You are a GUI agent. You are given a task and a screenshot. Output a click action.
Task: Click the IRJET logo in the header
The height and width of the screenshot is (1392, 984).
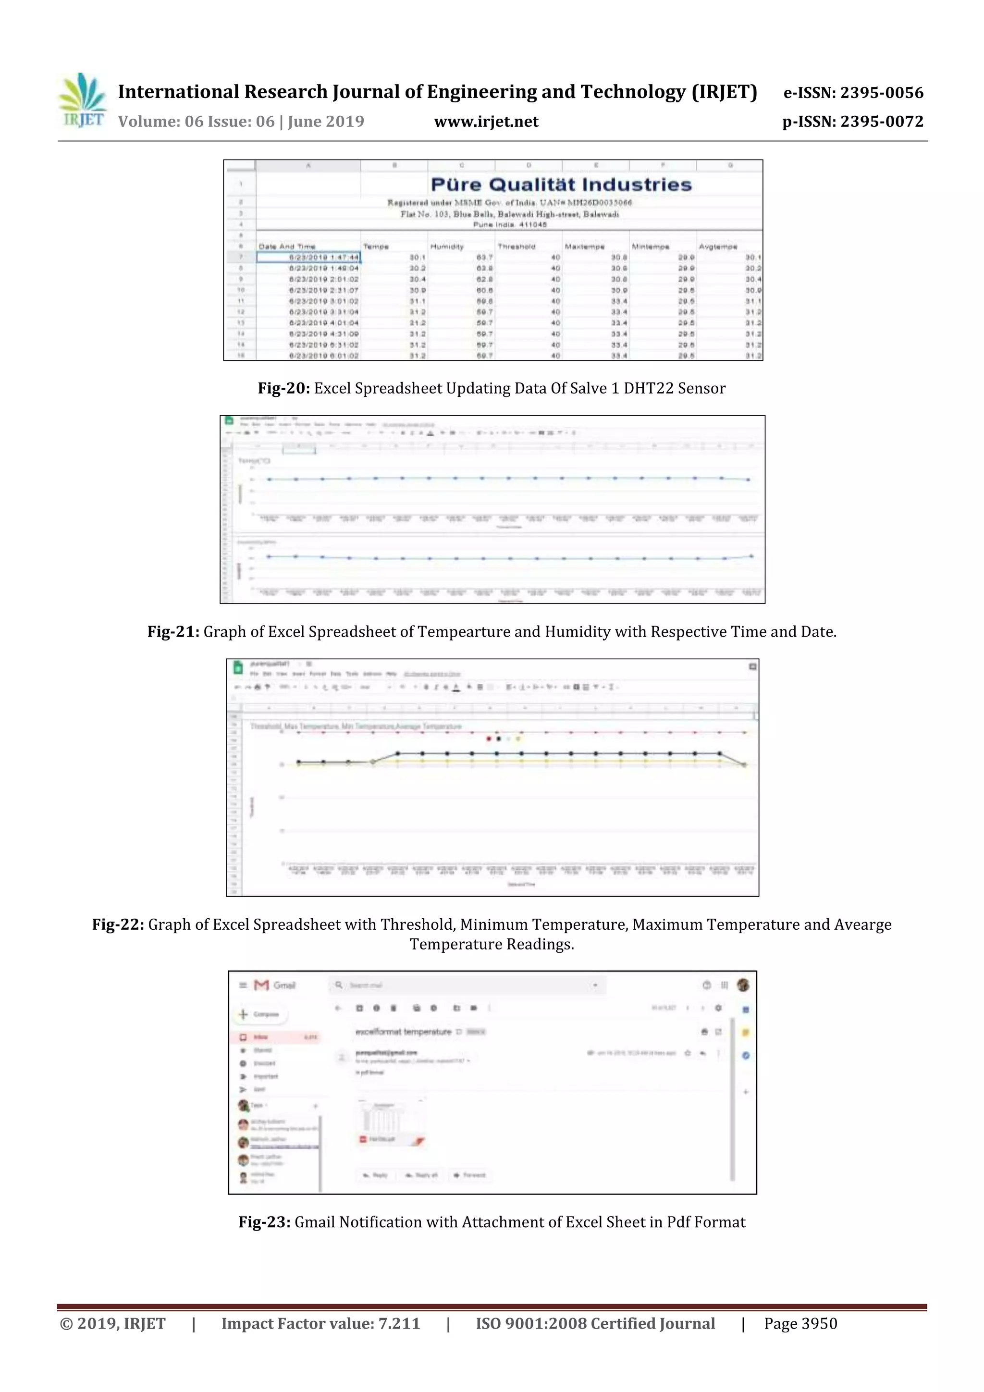click(81, 100)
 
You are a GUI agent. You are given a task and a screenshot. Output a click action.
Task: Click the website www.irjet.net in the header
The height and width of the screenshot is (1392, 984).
click(486, 122)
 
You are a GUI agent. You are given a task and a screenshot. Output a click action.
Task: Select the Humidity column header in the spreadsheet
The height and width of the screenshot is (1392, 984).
click(447, 247)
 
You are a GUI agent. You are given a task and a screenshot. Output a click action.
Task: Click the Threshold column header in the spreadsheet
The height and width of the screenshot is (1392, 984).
click(516, 247)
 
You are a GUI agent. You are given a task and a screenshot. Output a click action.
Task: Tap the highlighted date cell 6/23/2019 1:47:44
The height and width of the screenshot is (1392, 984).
click(308, 258)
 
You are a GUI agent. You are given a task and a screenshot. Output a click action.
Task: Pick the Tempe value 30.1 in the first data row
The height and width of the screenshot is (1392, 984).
click(417, 258)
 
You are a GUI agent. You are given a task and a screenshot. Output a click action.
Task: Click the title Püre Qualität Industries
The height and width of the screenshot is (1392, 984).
click(561, 185)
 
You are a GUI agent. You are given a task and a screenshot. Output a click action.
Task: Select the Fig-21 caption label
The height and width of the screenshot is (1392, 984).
click(173, 632)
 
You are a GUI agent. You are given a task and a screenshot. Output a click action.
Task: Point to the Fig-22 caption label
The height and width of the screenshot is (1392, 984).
click(118, 924)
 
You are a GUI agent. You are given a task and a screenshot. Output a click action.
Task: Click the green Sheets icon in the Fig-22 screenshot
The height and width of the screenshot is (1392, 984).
click(238, 668)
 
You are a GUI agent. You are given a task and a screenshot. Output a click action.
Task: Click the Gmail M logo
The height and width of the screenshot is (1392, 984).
click(261, 985)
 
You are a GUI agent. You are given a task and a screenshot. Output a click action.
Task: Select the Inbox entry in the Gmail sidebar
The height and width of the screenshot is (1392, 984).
click(261, 1037)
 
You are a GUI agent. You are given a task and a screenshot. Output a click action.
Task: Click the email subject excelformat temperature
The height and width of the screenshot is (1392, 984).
click(403, 1032)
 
